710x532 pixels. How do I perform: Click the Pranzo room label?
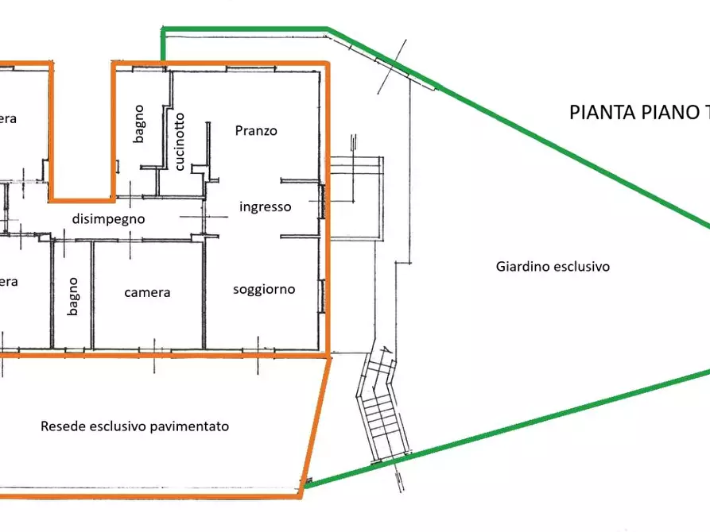tap(256, 131)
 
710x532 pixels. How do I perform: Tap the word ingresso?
tap(266, 206)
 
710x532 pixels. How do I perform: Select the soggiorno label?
tap(264, 289)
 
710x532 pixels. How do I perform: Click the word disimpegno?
tap(108, 218)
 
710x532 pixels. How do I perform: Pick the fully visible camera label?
tap(147, 292)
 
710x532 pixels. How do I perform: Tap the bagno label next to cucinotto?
tap(139, 123)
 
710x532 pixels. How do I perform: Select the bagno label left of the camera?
tap(72, 296)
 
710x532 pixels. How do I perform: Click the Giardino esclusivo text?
tap(553, 267)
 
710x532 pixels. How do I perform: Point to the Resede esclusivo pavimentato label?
tap(134, 426)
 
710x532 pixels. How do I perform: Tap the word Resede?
tap(59, 426)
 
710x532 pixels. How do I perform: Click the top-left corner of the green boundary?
tap(163, 30)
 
